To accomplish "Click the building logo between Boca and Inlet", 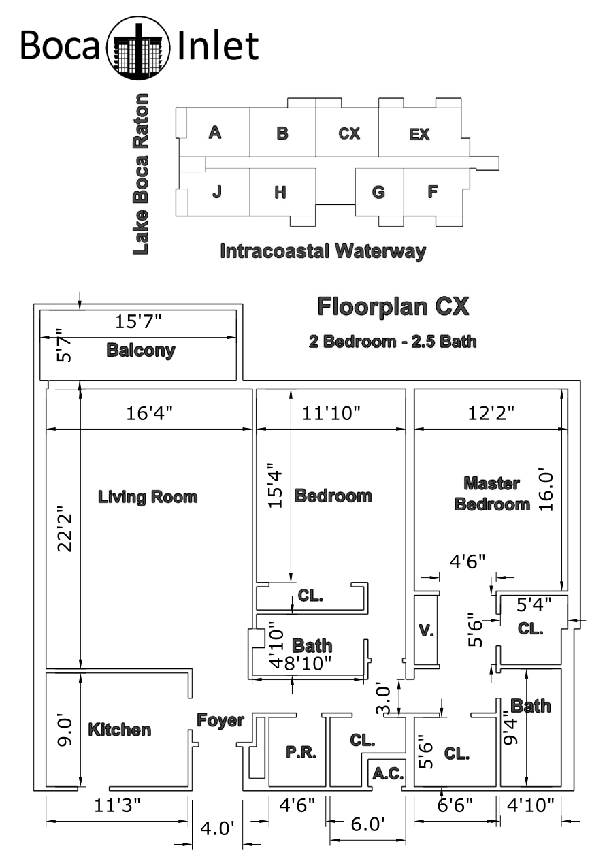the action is [138, 48].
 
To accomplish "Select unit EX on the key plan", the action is [419, 134].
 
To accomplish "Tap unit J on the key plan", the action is [217, 191].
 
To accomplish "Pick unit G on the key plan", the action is [378, 192].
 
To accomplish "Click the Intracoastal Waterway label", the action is [323, 251].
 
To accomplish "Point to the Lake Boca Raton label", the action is [140, 174].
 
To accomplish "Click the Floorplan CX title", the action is [393, 306].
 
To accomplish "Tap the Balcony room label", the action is [141, 350].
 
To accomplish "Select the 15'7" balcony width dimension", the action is [138, 321].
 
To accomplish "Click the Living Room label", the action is [148, 497].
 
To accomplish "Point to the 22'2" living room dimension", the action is [65, 533].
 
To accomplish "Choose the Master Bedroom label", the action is [493, 493].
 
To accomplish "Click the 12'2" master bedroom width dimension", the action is [491, 413].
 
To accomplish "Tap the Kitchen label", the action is [120, 730].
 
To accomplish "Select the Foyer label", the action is [220, 720].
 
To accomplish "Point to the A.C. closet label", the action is [388, 773].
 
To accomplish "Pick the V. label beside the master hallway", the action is [426, 630].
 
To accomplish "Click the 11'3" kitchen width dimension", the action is [117, 805].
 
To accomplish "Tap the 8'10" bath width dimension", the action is [308, 663].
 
